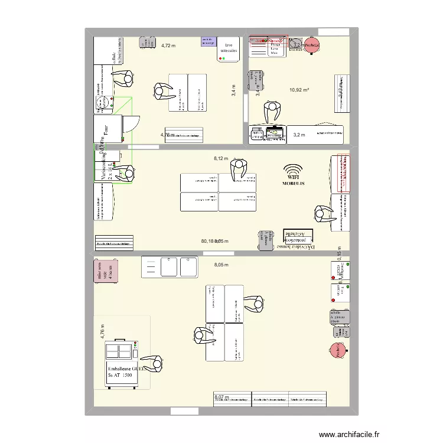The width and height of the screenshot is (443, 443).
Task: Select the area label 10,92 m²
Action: point(299,90)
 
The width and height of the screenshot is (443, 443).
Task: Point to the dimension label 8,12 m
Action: point(220,158)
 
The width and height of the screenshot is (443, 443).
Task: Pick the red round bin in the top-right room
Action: point(312,45)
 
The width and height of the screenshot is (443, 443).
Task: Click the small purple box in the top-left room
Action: point(208,41)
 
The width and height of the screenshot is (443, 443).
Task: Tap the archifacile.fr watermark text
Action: point(348,434)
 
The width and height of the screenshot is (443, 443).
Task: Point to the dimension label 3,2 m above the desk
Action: point(299,135)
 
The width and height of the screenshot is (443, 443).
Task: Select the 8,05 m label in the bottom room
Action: point(221,265)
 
